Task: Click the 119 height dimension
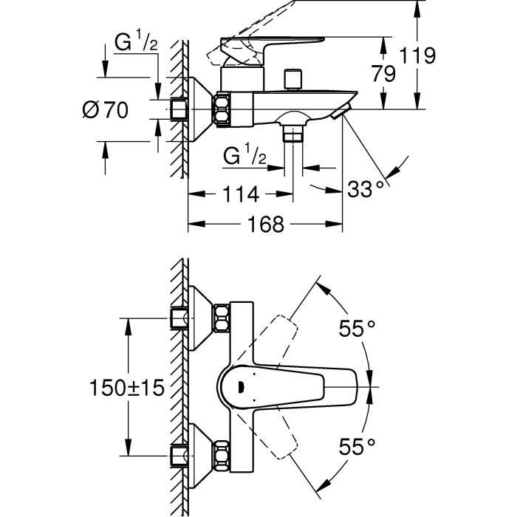pyautogui.click(x=435, y=55)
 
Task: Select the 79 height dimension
pyautogui.click(x=384, y=73)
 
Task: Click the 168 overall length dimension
pyautogui.click(x=267, y=224)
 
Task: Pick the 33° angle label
pyautogui.click(x=366, y=189)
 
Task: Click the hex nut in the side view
pyautogui.click(x=222, y=109)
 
